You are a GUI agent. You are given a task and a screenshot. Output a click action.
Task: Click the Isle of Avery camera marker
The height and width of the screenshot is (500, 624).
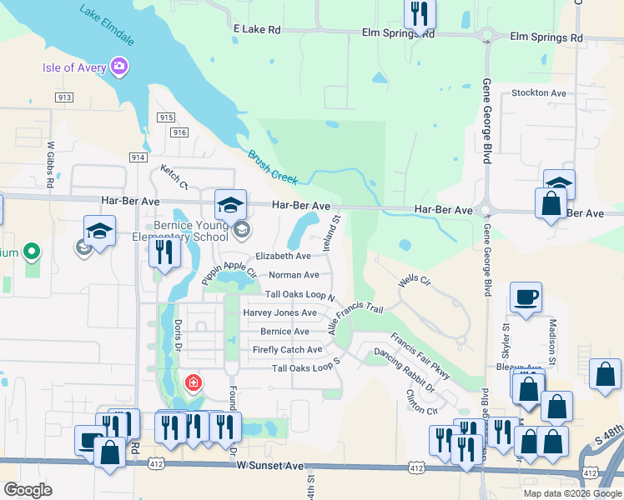[118, 66]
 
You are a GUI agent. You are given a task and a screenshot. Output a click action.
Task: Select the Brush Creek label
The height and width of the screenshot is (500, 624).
[273, 167]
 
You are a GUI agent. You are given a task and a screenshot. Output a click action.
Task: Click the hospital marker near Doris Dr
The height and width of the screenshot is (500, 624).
[194, 382]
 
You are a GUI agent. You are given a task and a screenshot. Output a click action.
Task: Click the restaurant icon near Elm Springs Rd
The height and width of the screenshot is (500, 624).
[417, 12]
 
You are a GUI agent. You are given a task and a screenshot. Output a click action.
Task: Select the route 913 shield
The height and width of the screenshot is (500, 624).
[63, 97]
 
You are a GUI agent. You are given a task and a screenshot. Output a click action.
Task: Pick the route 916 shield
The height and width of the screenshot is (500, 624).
[179, 132]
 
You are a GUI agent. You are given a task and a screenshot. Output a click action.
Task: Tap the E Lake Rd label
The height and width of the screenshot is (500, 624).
[257, 29]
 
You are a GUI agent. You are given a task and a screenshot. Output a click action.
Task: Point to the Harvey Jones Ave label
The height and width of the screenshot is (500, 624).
[279, 312]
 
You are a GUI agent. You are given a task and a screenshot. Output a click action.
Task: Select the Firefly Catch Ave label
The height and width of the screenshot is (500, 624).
[287, 350]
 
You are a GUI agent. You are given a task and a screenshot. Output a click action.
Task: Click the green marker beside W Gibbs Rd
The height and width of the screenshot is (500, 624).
[32, 250]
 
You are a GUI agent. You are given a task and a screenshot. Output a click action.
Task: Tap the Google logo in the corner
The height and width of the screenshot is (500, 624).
[28, 490]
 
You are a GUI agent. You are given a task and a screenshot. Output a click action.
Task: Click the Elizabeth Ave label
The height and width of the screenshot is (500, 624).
[283, 257]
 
